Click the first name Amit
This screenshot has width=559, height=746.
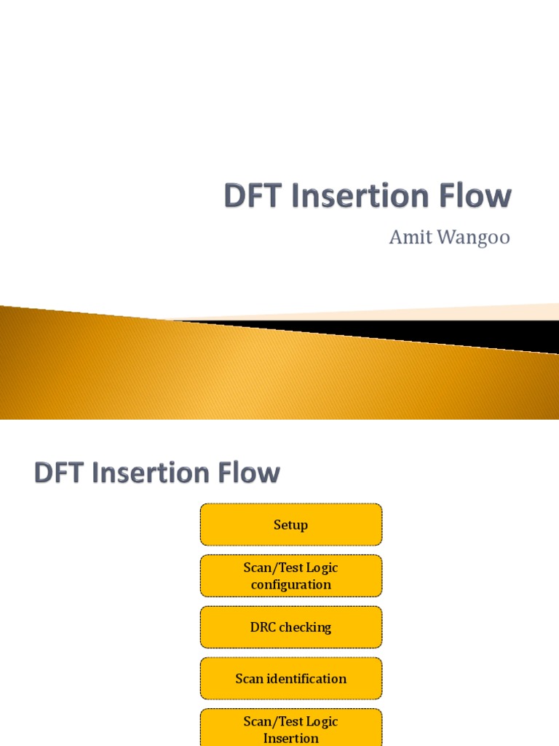pos(411,238)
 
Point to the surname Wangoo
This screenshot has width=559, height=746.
pos(474,238)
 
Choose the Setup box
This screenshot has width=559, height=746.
pos(291,525)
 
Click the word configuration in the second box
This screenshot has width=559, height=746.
pos(291,584)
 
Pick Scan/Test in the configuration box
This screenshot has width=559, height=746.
pos(271,568)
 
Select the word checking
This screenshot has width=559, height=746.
pos(306,627)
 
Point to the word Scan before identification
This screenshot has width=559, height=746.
pos(249,679)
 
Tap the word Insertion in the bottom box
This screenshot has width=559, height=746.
pos(291,738)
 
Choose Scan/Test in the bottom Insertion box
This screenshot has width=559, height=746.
pos(271,721)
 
